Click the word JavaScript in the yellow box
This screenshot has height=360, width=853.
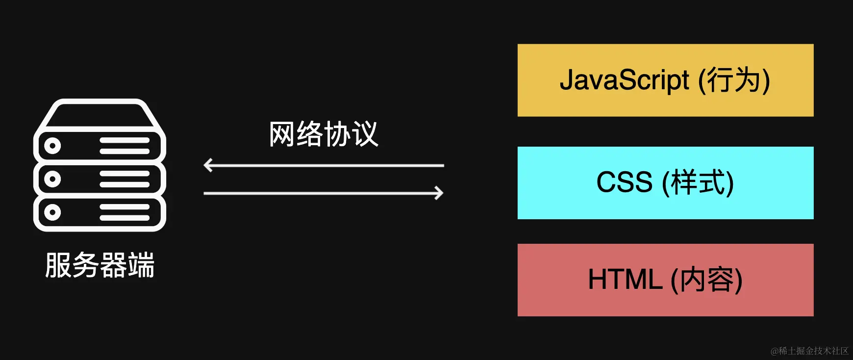[x=624, y=80]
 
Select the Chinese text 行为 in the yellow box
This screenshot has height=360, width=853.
[x=733, y=80]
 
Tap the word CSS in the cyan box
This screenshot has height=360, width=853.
[x=624, y=182]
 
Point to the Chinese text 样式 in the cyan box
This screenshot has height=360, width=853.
[x=698, y=182]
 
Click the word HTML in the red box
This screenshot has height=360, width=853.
[x=625, y=280]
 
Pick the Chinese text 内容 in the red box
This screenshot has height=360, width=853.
[x=706, y=280]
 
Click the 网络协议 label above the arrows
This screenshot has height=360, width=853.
[x=324, y=134]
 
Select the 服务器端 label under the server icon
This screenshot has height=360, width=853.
[x=100, y=265]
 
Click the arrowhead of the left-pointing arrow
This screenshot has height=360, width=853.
[x=207, y=165]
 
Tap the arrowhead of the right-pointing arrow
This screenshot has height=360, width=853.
[x=439, y=193]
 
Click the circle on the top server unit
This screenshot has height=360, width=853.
[x=52, y=146]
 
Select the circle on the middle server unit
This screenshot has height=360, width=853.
[x=52, y=179]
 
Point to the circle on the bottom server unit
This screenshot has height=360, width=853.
[x=52, y=212]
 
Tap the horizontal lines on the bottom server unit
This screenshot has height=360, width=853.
[x=125, y=212]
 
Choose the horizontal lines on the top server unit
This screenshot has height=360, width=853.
[x=125, y=146]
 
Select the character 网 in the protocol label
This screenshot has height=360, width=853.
[x=282, y=134]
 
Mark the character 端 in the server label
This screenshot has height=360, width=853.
[x=142, y=265]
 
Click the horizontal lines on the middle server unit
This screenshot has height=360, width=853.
[x=125, y=179]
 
